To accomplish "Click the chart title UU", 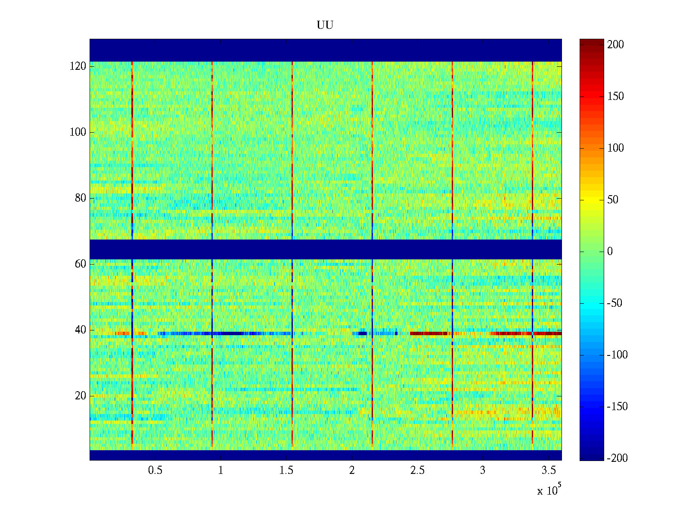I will coord(325,25).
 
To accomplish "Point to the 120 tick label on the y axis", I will coord(78,66).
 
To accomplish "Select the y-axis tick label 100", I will coord(78,132).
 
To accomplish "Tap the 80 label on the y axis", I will coord(81,198).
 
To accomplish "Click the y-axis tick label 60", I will coord(81,264).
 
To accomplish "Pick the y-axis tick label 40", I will coord(81,330).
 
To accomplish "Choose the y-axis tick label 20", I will coord(81,396).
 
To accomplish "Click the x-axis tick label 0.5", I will coord(155,470).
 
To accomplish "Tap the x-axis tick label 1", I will coord(220,470).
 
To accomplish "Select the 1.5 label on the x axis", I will coord(286,470).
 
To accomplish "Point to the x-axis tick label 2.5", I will coord(417,470).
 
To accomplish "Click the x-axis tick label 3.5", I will coord(548,470).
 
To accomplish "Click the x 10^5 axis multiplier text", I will coord(549,490).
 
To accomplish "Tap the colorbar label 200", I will coord(615,45).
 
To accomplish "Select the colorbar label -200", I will coord(617,458).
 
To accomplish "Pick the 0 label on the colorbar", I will coord(610,252).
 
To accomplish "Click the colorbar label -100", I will coord(617,355).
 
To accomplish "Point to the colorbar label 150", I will coord(615,97).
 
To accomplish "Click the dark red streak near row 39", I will coord(431,333).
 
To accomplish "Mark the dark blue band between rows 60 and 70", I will coord(326,249).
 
